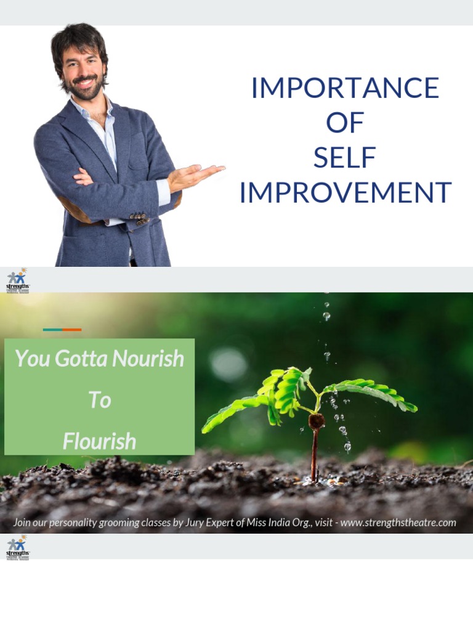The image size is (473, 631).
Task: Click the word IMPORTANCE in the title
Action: pos(345,88)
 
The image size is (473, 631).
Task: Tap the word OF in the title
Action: pos(345,123)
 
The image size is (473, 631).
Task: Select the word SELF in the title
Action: pos(345,158)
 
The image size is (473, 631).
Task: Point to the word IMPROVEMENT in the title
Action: pos(345,193)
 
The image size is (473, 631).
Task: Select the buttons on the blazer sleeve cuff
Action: pos(139,218)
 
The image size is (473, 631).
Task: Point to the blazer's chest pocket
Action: pos(138,154)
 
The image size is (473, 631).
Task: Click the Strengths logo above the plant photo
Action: pos(17,280)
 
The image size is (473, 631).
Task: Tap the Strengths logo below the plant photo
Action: pos(17,547)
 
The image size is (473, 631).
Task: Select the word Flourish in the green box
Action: pos(99,441)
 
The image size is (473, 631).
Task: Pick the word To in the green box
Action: pos(99,401)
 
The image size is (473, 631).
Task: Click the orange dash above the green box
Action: pos(71,330)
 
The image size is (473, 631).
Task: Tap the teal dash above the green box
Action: pos(52,330)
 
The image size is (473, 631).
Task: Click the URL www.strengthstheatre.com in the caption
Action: pos(398,523)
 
